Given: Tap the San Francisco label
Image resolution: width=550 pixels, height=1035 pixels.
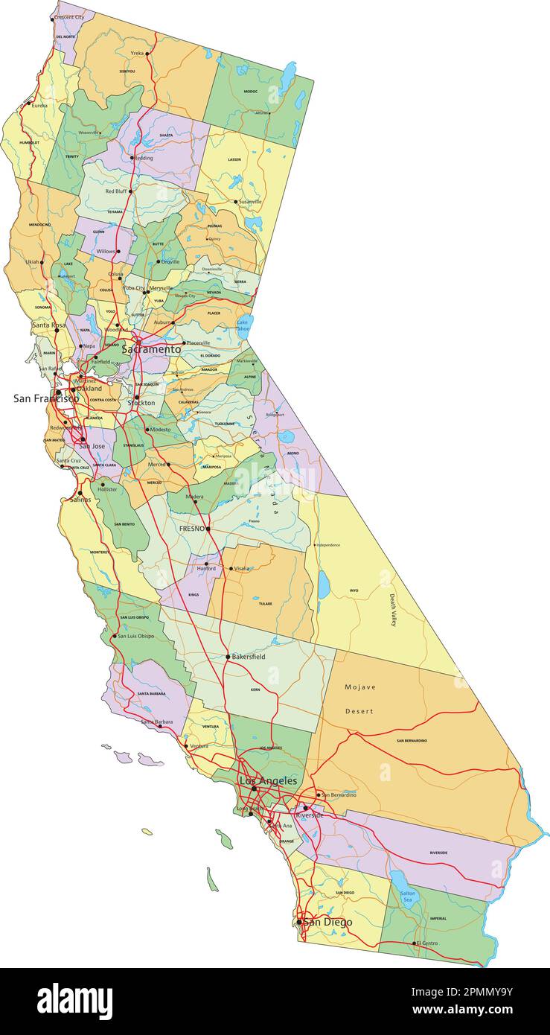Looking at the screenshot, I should coord(45,398).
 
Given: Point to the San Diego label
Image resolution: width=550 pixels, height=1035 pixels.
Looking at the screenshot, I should coord(328,922).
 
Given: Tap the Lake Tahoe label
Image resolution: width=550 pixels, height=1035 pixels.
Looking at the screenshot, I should coord(243,325).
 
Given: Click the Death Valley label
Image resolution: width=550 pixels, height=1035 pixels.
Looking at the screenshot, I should coord(394,604).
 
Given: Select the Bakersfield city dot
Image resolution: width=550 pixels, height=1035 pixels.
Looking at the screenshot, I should coord(228,657).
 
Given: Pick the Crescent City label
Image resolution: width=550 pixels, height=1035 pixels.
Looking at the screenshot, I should coord(69,17).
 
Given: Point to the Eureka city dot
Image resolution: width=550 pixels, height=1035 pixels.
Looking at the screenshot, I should coord(28,104).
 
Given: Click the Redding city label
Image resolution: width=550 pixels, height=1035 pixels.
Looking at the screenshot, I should coord(144,158).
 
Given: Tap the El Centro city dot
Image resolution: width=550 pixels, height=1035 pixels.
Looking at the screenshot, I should coord(415,943).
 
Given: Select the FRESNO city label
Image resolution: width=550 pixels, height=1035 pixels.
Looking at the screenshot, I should coord(191,529).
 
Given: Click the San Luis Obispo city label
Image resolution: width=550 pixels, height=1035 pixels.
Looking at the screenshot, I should coord(136,636).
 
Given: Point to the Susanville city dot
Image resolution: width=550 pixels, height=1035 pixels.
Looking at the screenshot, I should coord(236,202).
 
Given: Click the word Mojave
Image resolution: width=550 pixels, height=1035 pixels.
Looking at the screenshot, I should coord(360,687).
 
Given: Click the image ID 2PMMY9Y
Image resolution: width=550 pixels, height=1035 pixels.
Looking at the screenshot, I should coord(474,990).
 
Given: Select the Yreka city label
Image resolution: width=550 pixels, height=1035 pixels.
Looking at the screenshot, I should coord(137,54).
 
